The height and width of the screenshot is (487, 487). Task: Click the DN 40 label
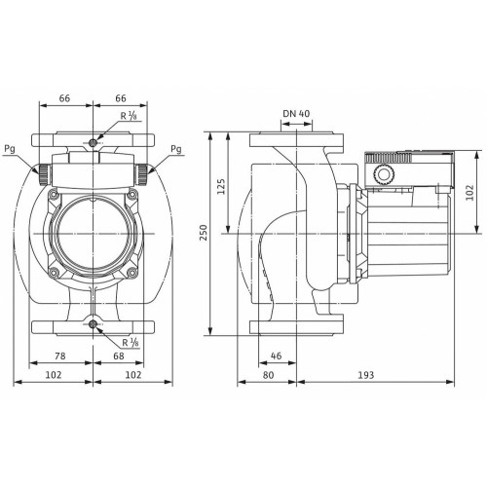296,114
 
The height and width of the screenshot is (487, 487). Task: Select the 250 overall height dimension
204,233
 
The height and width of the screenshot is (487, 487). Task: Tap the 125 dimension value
221,186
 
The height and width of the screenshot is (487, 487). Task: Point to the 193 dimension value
366,375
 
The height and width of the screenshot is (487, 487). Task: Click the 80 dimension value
268,375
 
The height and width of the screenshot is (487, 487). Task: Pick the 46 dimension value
276,356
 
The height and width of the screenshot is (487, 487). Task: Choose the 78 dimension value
59,356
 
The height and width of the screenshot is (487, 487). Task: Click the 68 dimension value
119,356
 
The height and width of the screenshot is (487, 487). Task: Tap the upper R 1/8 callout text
130,116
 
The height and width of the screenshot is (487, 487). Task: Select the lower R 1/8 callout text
131,342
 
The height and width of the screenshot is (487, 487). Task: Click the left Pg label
10,150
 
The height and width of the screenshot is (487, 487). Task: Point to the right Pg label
176,150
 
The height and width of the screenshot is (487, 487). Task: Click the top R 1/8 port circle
93,142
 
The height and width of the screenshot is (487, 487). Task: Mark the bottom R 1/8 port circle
94,323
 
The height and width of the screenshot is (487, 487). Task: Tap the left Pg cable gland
44,174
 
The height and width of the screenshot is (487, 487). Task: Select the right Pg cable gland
141,174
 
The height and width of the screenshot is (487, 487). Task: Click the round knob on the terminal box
384,175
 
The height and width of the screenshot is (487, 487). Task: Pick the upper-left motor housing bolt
54,195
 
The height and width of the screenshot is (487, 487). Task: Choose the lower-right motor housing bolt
131,272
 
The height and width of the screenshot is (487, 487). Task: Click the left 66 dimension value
64,98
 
